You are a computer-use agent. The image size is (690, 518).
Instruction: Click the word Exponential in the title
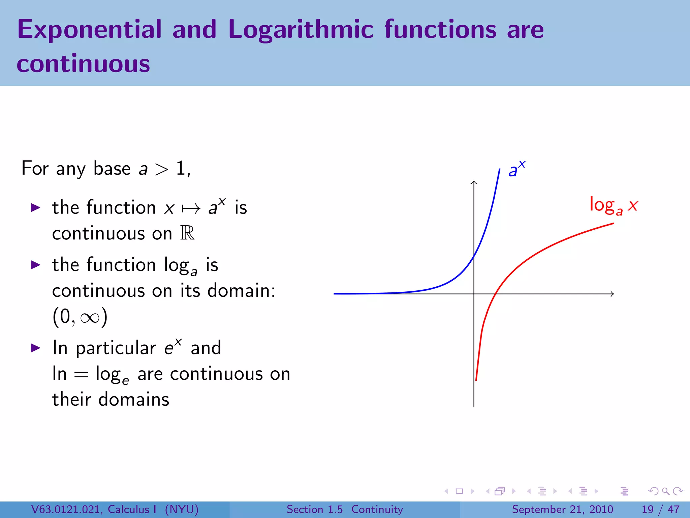(89, 30)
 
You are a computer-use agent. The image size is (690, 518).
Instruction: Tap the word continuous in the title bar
(83, 64)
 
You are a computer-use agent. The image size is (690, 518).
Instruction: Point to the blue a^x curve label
(516, 170)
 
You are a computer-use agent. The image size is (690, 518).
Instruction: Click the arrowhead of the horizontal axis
(612, 294)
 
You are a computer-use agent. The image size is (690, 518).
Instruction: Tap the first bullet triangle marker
(36, 207)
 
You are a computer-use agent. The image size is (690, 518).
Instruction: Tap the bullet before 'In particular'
(36, 348)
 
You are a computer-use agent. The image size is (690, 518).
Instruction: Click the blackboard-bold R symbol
(187, 233)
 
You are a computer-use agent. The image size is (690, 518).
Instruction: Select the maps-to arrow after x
(191, 209)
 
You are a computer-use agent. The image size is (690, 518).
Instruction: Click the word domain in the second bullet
(241, 290)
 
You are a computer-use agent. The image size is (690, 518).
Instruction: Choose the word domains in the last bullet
(134, 400)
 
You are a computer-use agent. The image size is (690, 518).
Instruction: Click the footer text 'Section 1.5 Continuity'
(344, 509)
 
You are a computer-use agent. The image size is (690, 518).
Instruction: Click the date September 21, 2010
(562, 509)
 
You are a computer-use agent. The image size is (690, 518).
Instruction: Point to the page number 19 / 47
(660, 509)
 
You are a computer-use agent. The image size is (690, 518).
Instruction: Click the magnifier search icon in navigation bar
(665, 491)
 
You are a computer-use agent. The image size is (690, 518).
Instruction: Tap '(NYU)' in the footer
(182, 509)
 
